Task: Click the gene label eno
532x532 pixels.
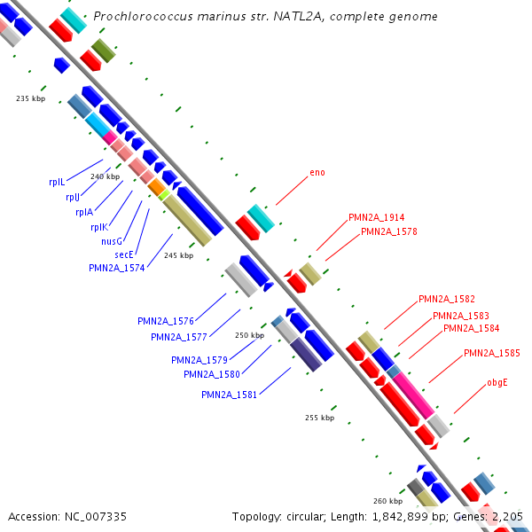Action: click(317, 172)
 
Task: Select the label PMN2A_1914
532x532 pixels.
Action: click(376, 217)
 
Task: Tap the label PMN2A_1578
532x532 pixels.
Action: click(388, 232)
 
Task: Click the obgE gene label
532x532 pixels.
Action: click(497, 384)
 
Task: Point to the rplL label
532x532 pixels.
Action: click(57, 182)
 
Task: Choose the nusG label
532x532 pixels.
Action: click(112, 241)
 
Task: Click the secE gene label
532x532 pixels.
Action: click(123, 254)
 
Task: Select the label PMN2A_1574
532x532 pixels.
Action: click(117, 267)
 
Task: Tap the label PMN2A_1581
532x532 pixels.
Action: click(229, 395)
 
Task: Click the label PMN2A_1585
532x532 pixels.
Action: click(491, 353)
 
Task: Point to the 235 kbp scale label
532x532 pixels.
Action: click(30, 98)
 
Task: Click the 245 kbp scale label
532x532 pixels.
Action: click(178, 255)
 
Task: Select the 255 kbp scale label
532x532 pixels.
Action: click(320, 417)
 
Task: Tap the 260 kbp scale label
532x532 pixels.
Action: click(387, 501)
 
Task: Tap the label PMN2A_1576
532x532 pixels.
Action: click(165, 321)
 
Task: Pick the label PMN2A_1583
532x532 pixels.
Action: click(460, 316)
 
